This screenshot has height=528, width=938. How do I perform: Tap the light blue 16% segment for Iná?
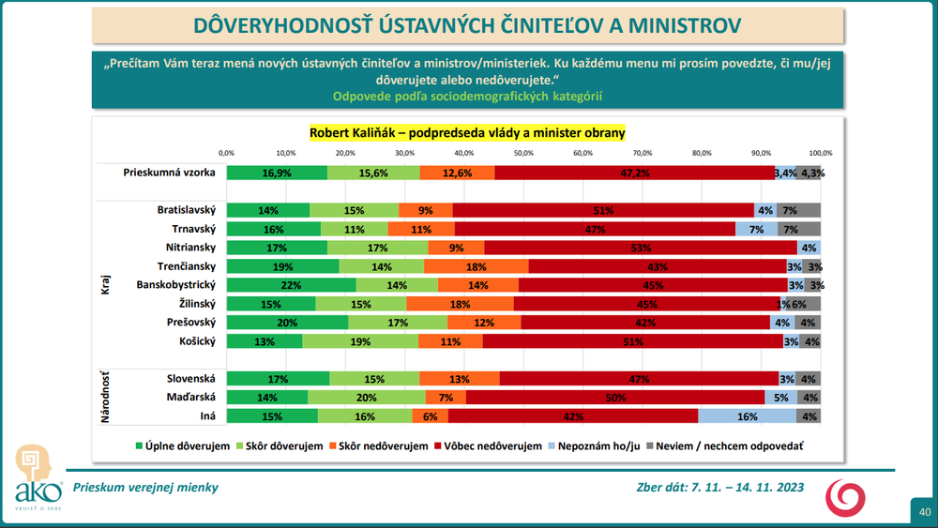[x=747, y=416]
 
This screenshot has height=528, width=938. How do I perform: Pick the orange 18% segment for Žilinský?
[x=461, y=304]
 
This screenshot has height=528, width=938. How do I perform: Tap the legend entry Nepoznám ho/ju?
[x=597, y=445]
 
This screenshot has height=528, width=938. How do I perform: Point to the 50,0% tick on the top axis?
[x=523, y=152]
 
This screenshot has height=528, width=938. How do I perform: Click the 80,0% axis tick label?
[x=702, y=152]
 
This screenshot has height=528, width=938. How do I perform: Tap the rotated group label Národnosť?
[x=105, y=396]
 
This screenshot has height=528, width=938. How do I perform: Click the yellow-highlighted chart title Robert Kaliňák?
[x=467, y=133]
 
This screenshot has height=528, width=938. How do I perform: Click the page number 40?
[x=924, y=512]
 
